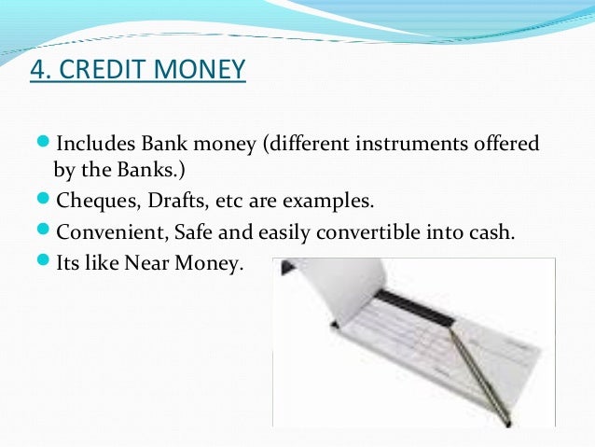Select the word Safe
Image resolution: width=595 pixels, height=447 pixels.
pyautogui.click(x=202, y=232)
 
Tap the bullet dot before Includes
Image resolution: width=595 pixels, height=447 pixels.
pyautogui.click(x=44, y=145)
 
